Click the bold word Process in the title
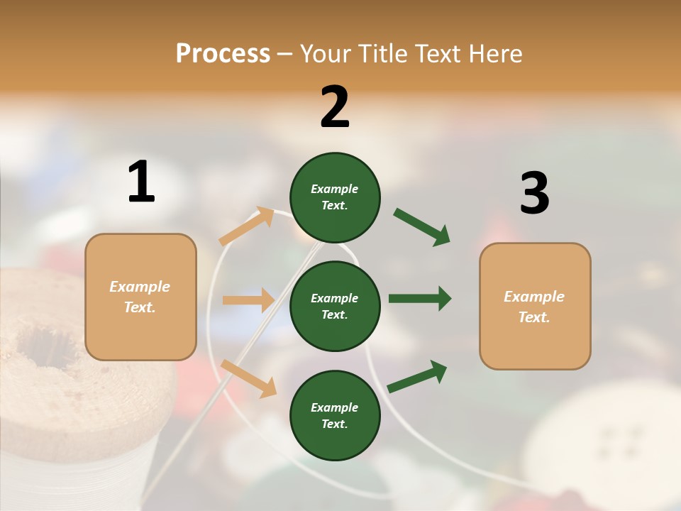[223, 53]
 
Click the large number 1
[141, 182]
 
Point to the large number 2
[335, 107]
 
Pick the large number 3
[534, 193]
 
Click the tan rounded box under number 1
[140, 297]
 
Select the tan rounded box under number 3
[535, 307]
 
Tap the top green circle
[335, 197]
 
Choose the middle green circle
[335, 306]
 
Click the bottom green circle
[335, 415]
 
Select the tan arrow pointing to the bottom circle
[248, 378]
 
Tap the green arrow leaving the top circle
[421, 226]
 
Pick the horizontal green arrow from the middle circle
[420, 299]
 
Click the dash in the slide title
[285, 55]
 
